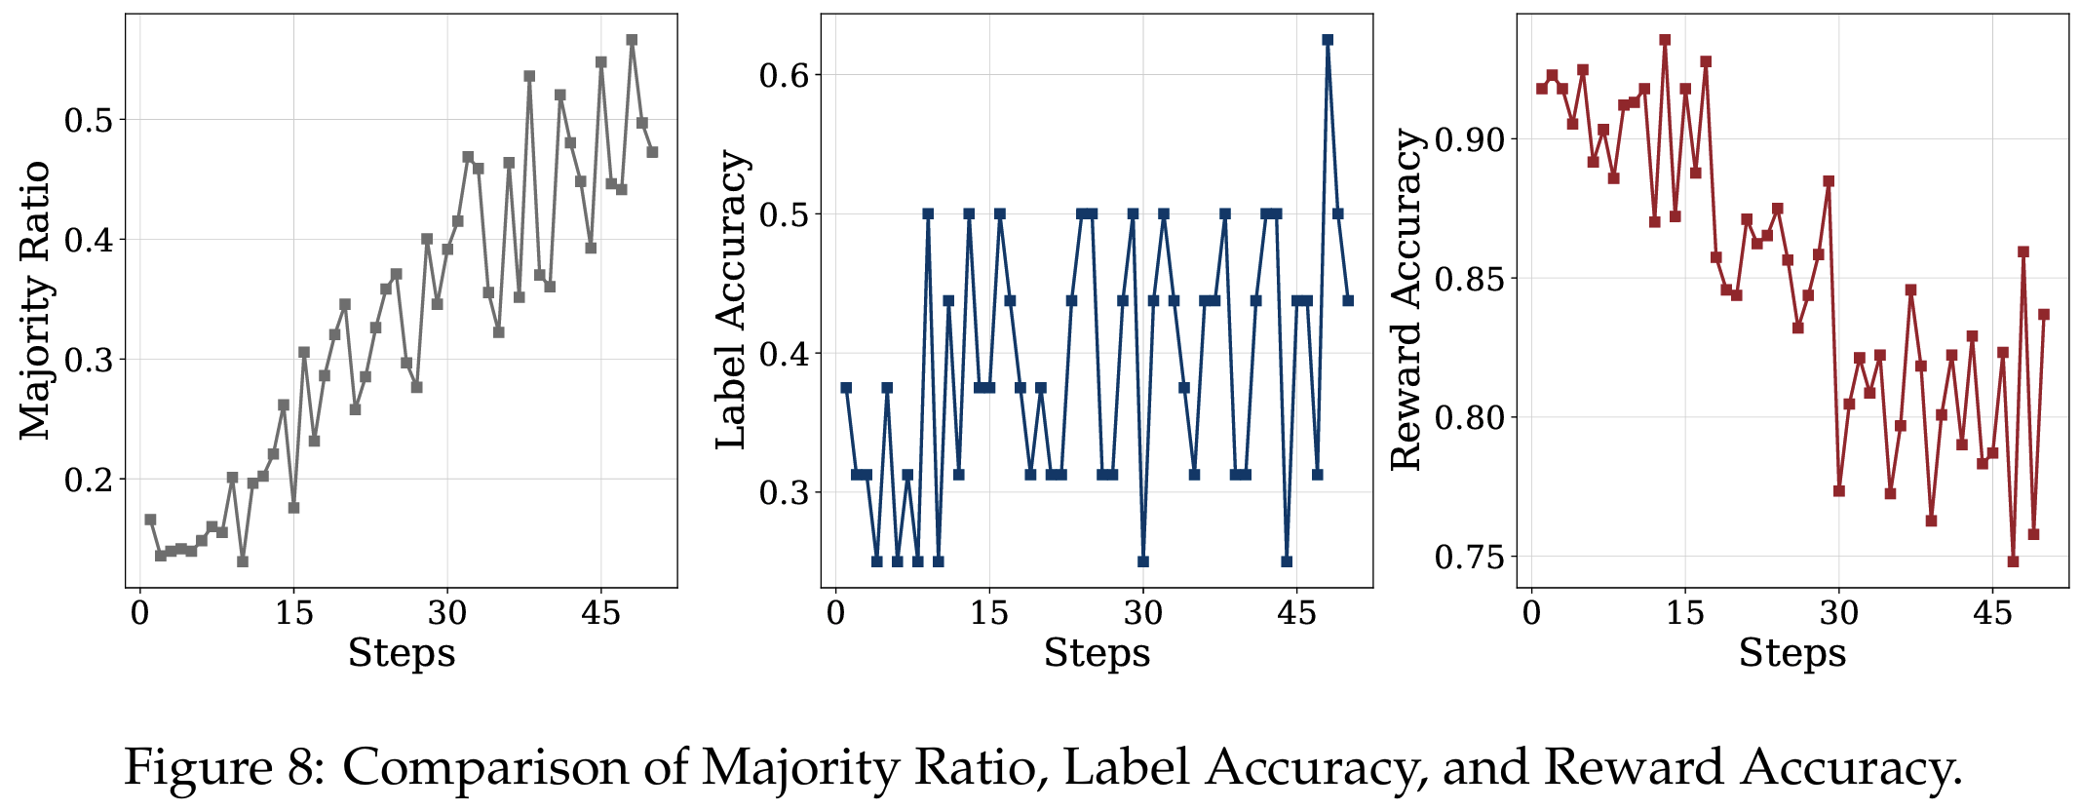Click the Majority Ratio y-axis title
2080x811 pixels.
coord(35,300)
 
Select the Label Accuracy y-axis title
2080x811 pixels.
coord(731,300)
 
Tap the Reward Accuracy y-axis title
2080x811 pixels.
coord(1406,300)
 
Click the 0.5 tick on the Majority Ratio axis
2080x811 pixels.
coord(89,120)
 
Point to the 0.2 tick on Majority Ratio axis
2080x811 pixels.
coord(89,479)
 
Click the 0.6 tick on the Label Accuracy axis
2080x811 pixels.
coord(785,75)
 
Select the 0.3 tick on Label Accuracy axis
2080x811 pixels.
coord(785,492)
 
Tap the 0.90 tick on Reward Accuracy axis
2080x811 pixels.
coord(1471,139)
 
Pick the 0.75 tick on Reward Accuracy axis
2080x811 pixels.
coord(1471,558)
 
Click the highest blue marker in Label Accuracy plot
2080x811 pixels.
coord(1328,40)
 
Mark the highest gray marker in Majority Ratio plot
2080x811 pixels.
coord(632,40)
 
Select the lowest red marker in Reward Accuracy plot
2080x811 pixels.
coord(2013,561)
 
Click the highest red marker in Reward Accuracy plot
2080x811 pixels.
coord(1665,40)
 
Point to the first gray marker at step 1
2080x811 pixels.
coord(150,520)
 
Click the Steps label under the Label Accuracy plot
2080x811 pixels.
coord(1097,653)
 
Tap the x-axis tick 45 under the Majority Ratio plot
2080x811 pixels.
coord(600,613)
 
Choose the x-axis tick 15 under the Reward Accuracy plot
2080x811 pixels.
coord(1685,613)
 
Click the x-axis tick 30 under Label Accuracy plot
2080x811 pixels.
coord(1143,613)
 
